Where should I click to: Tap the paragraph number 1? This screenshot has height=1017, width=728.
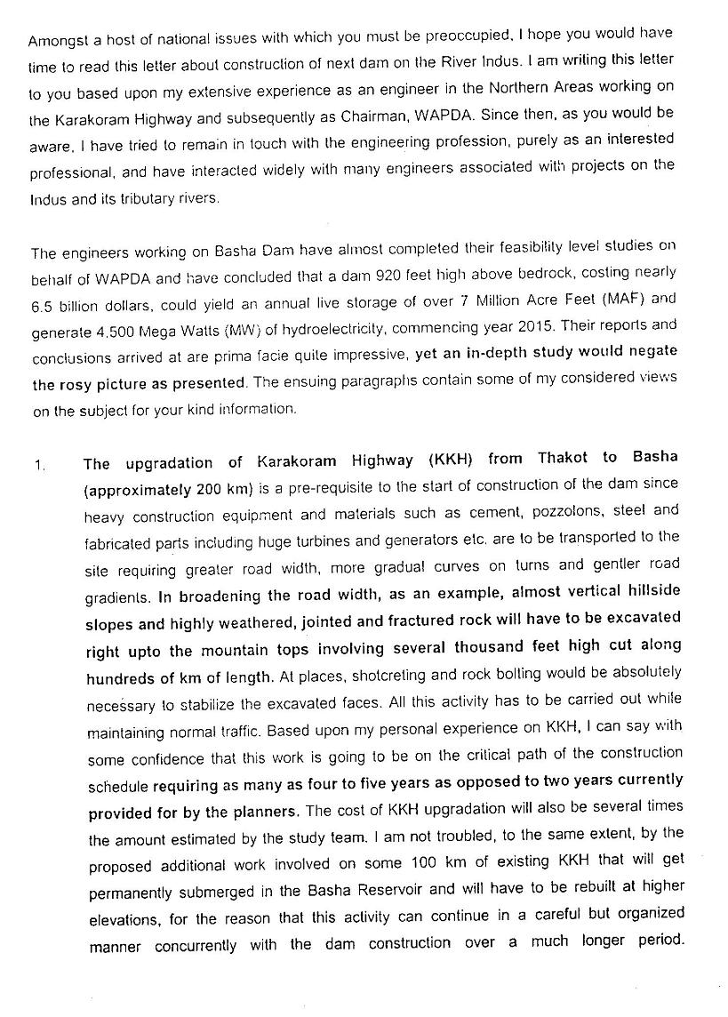38,464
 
